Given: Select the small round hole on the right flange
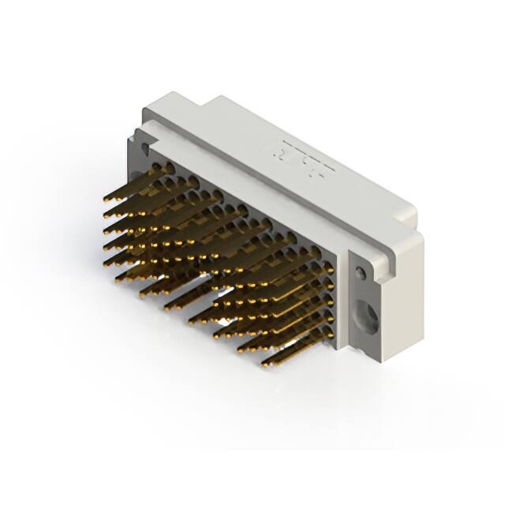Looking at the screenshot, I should click(361, 273).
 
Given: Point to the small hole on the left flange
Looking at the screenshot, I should click(144, 148).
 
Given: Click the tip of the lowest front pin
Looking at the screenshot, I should click(265, 365).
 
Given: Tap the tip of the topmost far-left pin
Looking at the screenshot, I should click(106, 200).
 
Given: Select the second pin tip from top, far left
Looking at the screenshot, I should click(106, 215).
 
